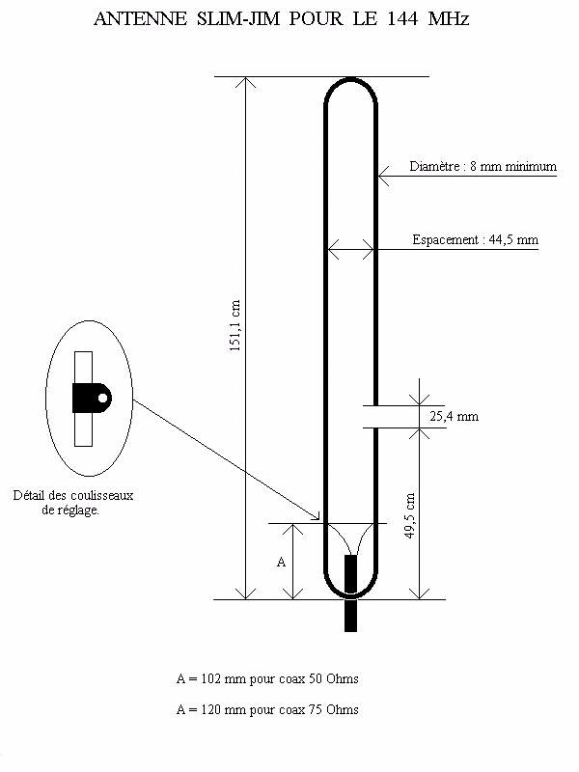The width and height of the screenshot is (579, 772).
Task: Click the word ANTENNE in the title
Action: coord(140,18)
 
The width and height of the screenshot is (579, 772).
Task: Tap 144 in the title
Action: coord(402,18)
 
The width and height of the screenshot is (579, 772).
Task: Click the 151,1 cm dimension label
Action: coord(234,325)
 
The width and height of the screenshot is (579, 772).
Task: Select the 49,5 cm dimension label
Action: coord(409,515)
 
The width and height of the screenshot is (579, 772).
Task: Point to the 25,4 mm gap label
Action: coord(454,417)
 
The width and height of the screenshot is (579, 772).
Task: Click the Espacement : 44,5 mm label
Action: coord(475,239)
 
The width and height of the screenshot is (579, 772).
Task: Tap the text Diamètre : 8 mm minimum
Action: coord(483,166)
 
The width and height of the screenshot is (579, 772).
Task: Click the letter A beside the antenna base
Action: coord(281,562)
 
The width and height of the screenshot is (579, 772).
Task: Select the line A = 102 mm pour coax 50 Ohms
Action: coord(267,679)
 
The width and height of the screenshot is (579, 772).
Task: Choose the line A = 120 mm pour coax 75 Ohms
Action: coord(267,709)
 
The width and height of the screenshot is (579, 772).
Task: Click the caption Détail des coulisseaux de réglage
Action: coord(73,503)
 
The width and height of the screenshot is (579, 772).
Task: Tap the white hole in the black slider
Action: coord(103,398)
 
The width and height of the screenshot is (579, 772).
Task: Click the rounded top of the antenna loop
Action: coord(350,80)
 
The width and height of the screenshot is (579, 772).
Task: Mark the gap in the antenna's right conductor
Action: coord(375,417)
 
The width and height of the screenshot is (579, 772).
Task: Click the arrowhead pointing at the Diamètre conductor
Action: coord(383,176)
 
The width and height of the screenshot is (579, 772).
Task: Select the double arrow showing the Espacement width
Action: coord(350,249)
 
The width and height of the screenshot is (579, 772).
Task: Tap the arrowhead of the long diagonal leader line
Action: coord(316,516)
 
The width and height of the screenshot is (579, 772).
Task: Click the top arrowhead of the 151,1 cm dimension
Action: coord(245,82)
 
